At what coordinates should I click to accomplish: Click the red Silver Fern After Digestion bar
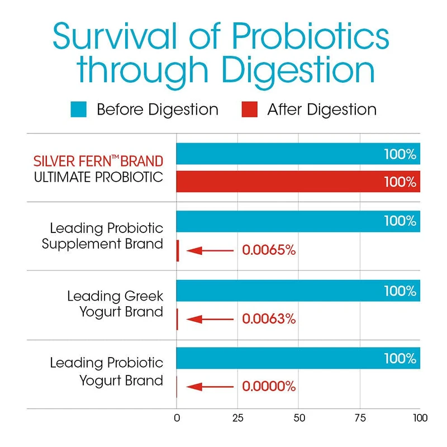[298, 182]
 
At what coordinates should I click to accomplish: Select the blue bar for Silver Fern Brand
[279, 154]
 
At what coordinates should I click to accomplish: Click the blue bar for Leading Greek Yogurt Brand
[279, 291]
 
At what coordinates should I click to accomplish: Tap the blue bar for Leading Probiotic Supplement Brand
[279, 221]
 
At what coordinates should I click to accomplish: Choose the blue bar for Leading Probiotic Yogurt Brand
[279, 358]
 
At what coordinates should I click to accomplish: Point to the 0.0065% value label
[268, 250]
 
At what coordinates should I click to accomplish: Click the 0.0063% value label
[268, 320]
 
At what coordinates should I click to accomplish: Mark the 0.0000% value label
[268, 387]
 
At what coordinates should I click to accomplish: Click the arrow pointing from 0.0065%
[210, 250]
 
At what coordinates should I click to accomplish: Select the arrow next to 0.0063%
[210, 320]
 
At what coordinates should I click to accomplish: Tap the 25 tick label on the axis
[237, 418]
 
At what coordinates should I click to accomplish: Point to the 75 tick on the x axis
[360, 418]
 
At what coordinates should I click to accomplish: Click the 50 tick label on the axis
[298, 418]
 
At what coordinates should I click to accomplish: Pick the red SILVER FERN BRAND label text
[98, 162]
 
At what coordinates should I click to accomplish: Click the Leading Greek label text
[116, 296]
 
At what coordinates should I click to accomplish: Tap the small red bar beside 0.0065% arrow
[178, 250]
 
